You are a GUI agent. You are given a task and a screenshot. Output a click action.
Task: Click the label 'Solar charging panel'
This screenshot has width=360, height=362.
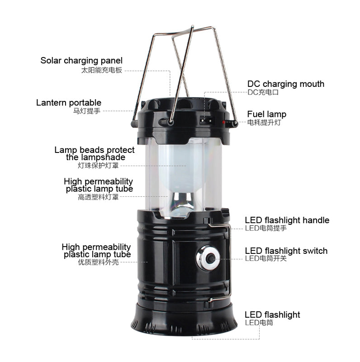(81, 61)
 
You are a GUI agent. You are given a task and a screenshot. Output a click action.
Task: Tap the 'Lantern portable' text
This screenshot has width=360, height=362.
(69, 103)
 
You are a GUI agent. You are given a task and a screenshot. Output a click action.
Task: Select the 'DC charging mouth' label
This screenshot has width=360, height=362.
(286, 84)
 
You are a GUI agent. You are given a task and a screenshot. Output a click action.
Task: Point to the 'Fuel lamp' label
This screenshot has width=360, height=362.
(266, 114)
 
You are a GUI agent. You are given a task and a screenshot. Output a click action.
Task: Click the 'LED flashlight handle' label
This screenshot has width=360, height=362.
(287, 220)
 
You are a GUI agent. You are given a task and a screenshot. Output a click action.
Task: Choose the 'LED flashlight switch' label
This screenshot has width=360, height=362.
(286, 251)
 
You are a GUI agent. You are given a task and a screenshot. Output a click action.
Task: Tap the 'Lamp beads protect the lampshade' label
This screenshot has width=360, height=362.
(95, 153)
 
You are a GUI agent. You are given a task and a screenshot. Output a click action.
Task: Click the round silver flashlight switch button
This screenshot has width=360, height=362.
(208, 258)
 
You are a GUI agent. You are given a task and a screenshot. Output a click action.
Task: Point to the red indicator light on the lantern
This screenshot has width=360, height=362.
(223, 122)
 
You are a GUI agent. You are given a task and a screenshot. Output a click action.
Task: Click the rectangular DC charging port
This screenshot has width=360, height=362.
(206, 120)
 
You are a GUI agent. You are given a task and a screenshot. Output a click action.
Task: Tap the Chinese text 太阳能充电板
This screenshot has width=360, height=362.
(102, 70)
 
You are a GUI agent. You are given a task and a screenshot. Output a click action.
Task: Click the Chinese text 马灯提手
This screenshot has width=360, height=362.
(87, 111)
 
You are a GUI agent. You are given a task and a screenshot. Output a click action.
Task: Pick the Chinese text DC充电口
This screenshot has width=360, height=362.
(263, 92)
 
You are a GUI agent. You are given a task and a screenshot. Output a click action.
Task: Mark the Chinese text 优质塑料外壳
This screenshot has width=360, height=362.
(98, 262)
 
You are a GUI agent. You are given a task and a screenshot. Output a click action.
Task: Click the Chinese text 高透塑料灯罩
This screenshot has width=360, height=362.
(98, 197)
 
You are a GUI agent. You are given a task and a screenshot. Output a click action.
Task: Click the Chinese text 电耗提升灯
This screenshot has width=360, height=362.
(264, 122)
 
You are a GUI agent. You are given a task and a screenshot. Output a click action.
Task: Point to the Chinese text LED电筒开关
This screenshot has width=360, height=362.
(266, 258)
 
